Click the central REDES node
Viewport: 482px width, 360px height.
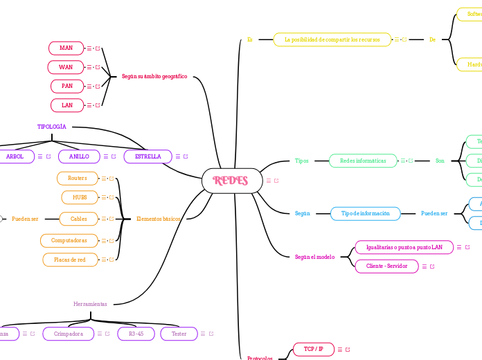pyautogui.click(x=231, y=181)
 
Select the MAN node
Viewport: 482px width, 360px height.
pyautogui.click(x=66, y=48)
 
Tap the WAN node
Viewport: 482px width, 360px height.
pyautogui.click(x=66, y=67)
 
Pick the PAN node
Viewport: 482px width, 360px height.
pyautogui.click(x=66, y=86)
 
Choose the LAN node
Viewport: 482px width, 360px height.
pyautogui.click(x=66, y=105)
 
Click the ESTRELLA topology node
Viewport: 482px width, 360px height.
pyautogui.click(x=148, y=156)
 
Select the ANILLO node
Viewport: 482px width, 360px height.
pyautogui.click(x=79, y=156)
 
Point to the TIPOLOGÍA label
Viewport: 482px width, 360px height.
pyautogui.click(x=52, y=127)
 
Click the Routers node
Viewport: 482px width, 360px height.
pyautogui.click(x=77, y=178)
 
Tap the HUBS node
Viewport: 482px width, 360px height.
pyautogui.click(x=80, y=197)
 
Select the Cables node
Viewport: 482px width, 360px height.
pyautogui.click(x=78, y=219)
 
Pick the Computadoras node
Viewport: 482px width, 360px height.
pyautogui.click(x=69, y=240)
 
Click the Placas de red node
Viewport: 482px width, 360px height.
pyautogui.click(x=70, y=260)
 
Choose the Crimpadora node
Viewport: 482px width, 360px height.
pyautogui.click(x=68, y=334)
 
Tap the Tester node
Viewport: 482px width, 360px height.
pyautogui.click(x=179, y=334)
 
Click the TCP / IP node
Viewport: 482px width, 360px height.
pyautogui.click(x=313, y=349)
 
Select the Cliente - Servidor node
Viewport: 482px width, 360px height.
pyautogui.click(x=386, y=266)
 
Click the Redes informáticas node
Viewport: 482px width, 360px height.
pyautogui.click(x=363, y=161)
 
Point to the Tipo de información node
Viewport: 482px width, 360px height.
pyautogui.click(x=365, y=213)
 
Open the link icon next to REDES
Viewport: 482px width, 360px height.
pyautogui.click(x=276, y=181)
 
